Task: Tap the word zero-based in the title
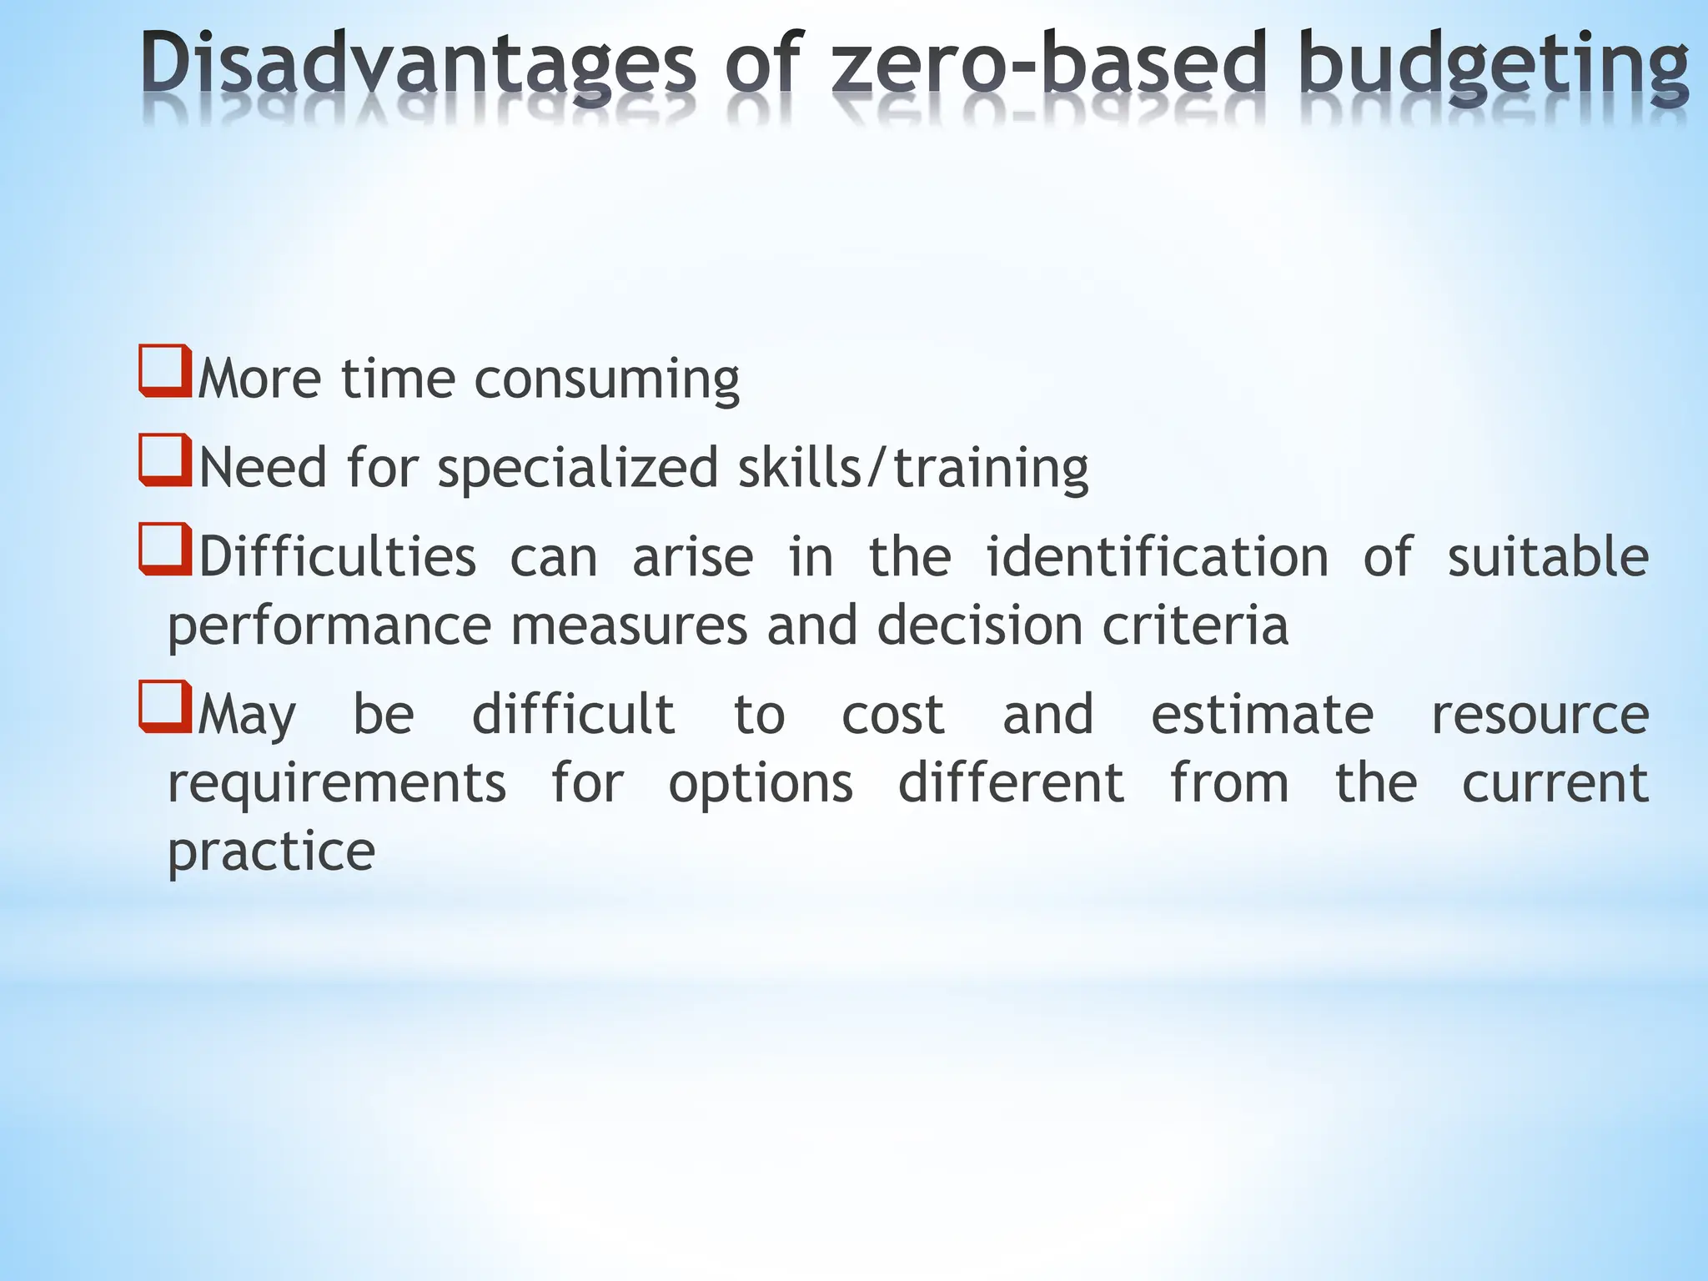(x=1048, y=65)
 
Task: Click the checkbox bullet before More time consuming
(x=164, y=371)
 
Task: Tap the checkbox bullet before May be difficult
(x=164, y=706)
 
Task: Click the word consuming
(x=606, y=380)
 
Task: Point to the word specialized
(x=577, y=469)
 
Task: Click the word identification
(x=1157, y=557)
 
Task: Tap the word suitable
(x=1548, y=557)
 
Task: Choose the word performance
(x=329, y=626)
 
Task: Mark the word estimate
(x=1262, y=715)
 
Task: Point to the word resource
(x=1540, y=715)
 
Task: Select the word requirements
(x=337, y=784)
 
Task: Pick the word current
(x=1555, y=784)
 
